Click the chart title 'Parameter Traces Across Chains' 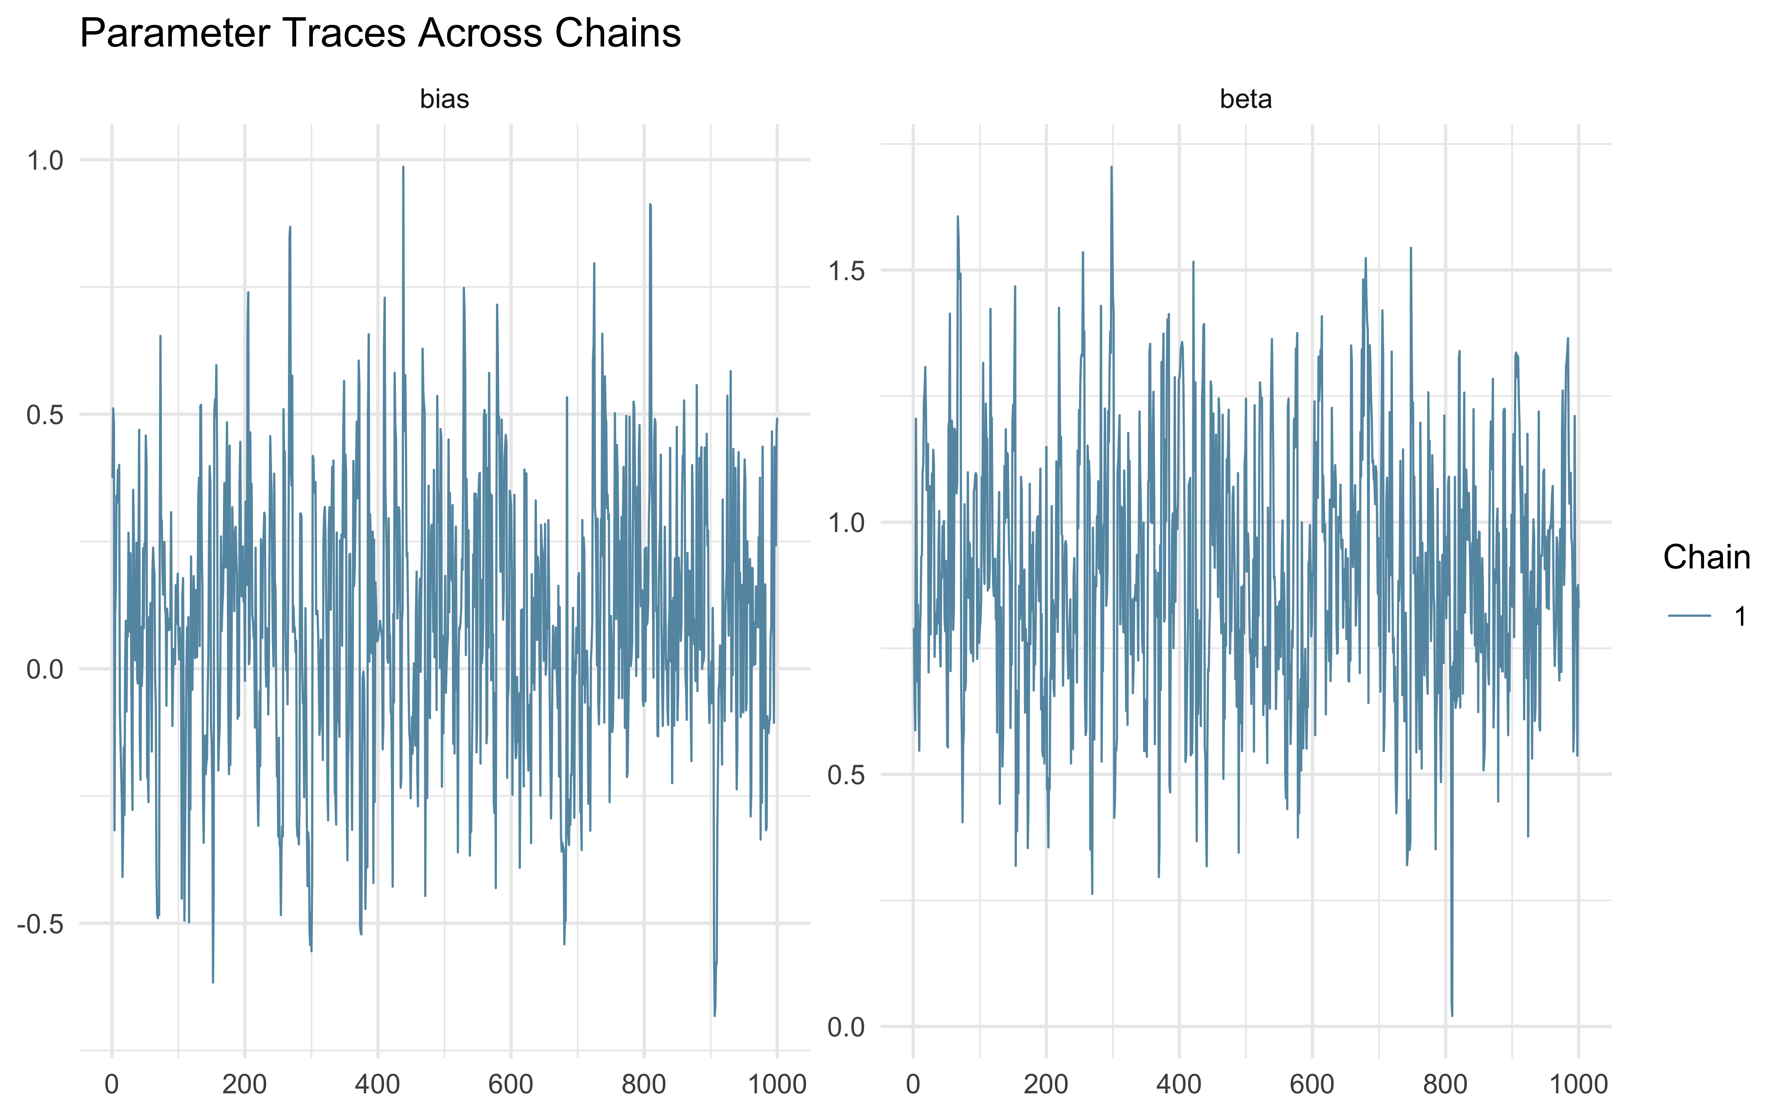380,34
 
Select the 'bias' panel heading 444,99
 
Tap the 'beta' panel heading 1246,99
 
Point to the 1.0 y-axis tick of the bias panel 46,160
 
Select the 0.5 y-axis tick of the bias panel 46,415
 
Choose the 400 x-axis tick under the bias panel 378,1084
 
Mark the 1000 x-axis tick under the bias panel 777,1084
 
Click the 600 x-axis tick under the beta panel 1312,1084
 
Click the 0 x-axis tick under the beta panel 913,1084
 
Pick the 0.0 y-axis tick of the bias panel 46,670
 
